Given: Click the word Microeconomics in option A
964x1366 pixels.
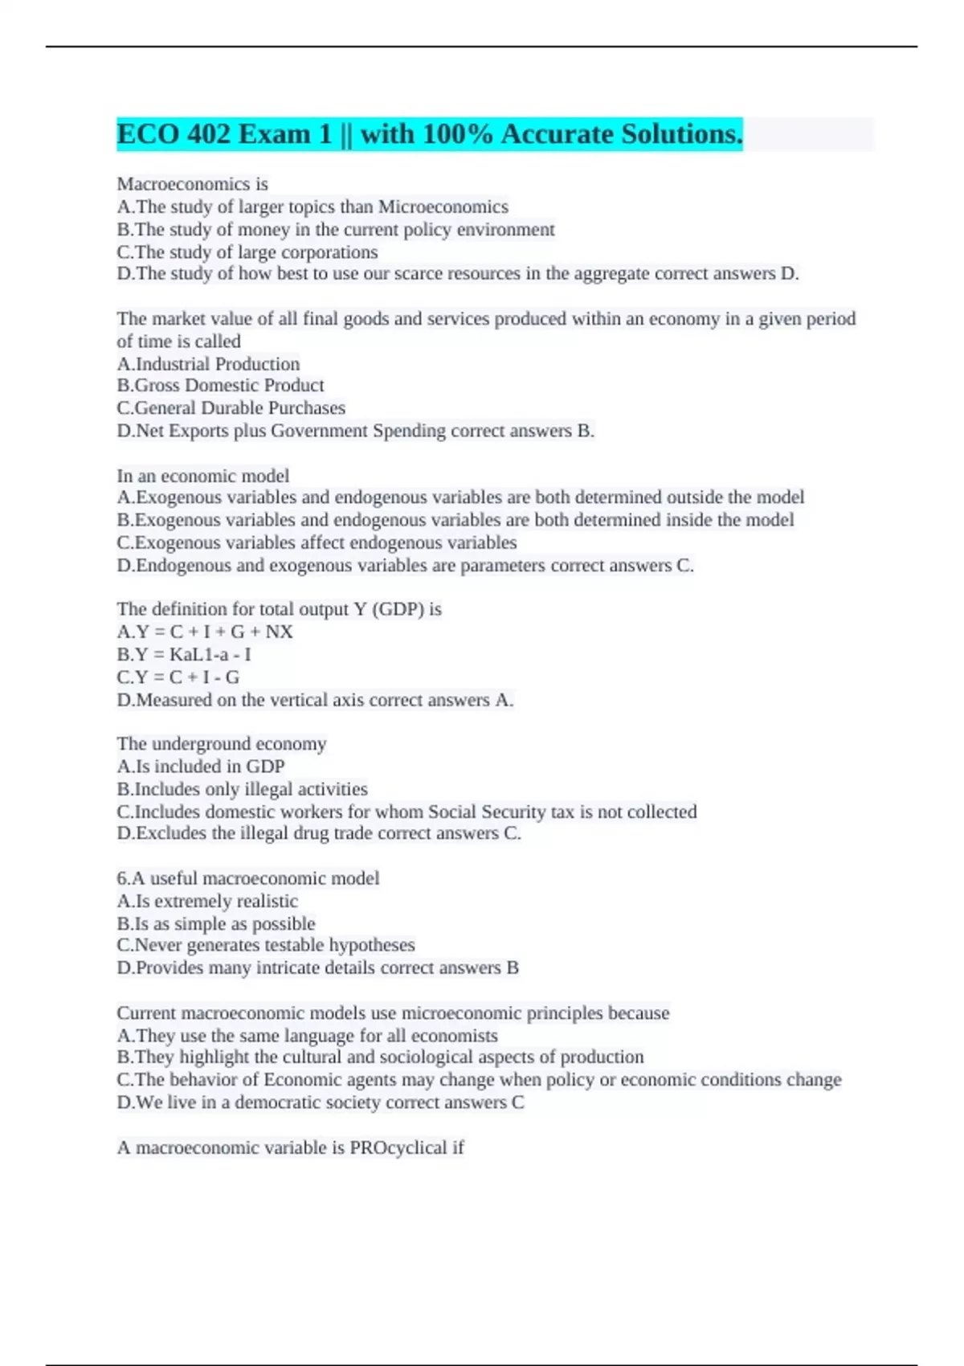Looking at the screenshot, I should [443, 207].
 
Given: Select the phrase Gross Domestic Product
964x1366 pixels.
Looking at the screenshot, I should [230, 386].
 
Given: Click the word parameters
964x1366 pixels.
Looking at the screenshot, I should [503, 566].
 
